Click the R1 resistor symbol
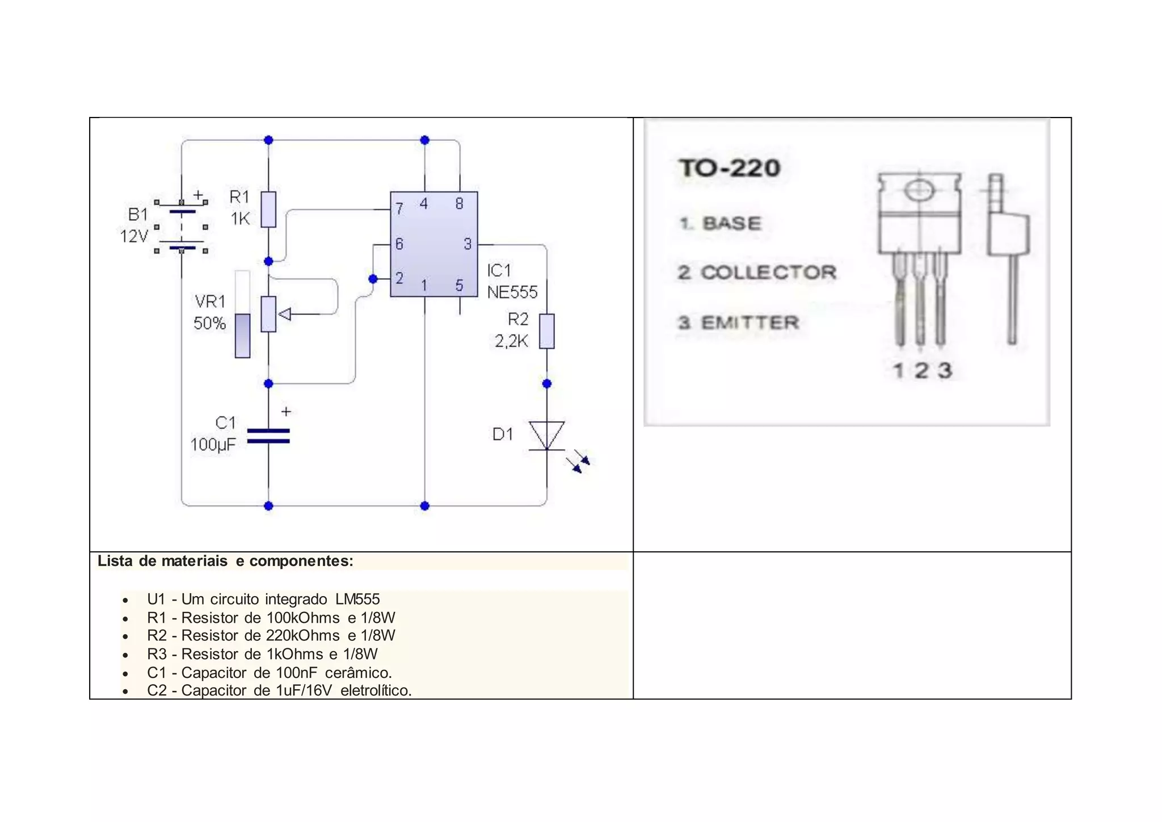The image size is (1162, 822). pos(268,209)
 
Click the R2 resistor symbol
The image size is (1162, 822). pos(546,331)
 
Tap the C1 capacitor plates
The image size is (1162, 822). pos(268,436)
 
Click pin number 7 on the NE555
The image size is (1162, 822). pos(399,208)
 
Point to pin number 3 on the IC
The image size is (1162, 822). pos(467,244)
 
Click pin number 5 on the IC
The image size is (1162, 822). pos(459,285)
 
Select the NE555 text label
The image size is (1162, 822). pos(512,292)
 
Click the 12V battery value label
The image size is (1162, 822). pos(134,236)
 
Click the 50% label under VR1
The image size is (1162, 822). pos(209,324)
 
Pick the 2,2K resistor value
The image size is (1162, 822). pos(511,341)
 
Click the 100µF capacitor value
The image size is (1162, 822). pos(213,444)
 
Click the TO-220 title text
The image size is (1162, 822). pos(730,168)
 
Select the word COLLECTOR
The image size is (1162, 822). pos(768,272)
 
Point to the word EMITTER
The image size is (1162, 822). pos(750,323)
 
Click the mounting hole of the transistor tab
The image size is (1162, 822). pos(919,190)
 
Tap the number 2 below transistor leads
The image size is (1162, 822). pos(921,371)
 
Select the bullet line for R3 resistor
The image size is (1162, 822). pos(262,654)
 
